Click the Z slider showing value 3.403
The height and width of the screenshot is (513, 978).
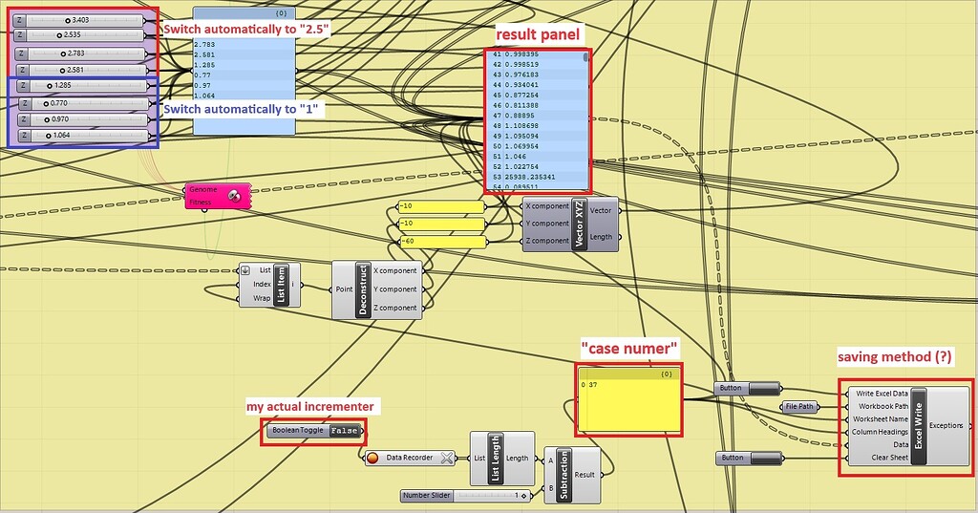coord(81,19)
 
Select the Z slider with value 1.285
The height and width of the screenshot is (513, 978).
coord(81,86)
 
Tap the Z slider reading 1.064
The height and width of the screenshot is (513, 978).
coord(81,136)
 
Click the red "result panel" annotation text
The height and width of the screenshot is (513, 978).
coord(537,34)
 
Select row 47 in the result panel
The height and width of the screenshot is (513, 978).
coord(535,114)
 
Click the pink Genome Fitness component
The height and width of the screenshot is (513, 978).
coord(217,195)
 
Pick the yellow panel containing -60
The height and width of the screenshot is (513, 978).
coord(440,241)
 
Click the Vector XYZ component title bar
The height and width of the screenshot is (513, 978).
coord(578,224)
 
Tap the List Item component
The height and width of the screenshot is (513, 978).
coord(281,285)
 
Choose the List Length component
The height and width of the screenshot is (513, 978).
coord(496,459)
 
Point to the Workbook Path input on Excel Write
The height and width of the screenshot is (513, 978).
coord(882,406)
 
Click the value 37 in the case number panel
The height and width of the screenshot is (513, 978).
coord(594,384)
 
